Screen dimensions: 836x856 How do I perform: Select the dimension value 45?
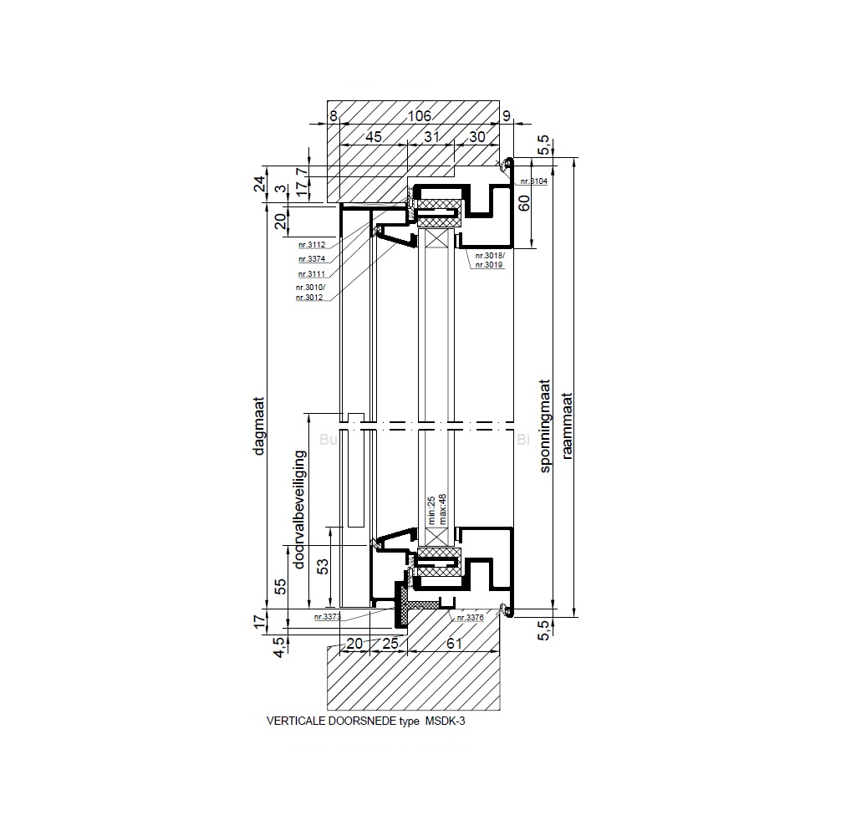click(374, 136)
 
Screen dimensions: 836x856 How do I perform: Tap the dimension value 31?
click(431, 136)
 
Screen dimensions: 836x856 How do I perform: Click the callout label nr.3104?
click(532, 181)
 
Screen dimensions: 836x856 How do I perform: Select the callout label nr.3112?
click(311, 245)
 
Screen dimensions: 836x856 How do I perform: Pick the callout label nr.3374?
click(311, 259)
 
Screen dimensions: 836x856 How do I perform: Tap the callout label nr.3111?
click(311, 273)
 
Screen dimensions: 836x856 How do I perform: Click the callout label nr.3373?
click(328, 617)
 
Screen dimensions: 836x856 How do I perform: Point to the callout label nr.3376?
click(470, 618)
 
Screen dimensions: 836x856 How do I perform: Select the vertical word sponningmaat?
click(545, 428)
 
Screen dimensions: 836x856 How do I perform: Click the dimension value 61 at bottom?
click(454, 643)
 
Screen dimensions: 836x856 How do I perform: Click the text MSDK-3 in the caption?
click(444, 720)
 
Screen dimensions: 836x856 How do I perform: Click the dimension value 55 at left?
click(280, 586)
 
